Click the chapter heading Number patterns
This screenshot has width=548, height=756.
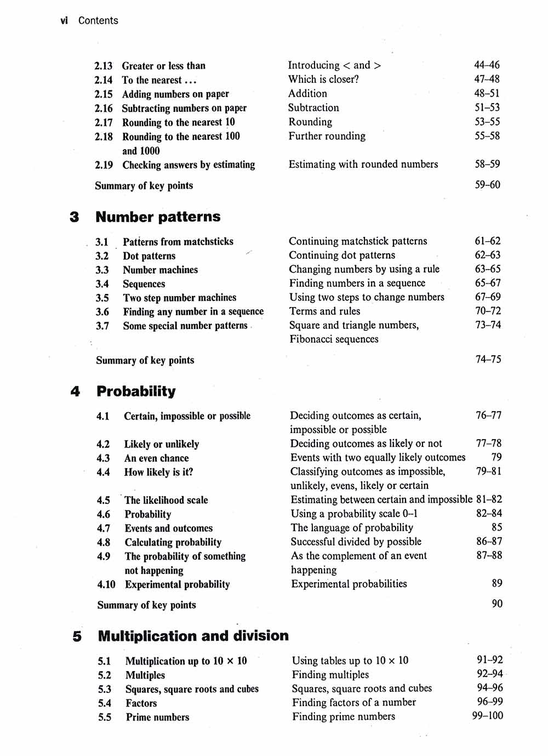(158, 217)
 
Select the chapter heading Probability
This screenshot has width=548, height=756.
(136, 391)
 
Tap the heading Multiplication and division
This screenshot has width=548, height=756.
(193, 636)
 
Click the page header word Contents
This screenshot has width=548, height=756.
(98, 21)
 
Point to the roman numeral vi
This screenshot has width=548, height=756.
(64, 21)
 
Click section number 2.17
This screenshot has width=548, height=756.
(103, 122)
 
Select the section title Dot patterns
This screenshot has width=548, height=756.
(149, 256)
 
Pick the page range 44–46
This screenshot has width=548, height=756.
(487, 65)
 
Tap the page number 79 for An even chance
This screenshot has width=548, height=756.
(496, 457)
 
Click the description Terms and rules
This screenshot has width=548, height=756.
(324, 311)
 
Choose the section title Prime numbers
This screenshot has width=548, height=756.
(157, 717)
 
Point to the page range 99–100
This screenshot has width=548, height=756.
(487, 715)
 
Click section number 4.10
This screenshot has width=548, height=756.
(106, 584)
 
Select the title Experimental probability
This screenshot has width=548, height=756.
(177, 584)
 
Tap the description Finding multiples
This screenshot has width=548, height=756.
(330, 675)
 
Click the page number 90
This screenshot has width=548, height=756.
(496, 604)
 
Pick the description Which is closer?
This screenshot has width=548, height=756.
(323, 79)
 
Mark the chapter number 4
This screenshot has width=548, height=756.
(75, 391)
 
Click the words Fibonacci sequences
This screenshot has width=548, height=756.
(334, 339)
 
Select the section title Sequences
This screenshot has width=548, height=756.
(144, 284)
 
